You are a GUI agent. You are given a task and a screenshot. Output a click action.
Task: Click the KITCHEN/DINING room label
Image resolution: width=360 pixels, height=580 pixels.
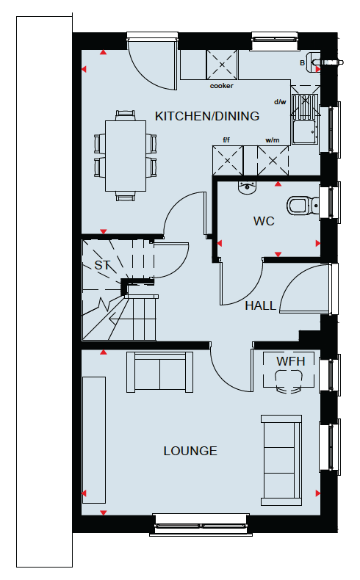point(207,116)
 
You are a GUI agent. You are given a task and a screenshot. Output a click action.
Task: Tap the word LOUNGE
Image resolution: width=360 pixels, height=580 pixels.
point(190,451)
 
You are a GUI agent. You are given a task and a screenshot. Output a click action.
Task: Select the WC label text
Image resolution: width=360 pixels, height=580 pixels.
point(264,221)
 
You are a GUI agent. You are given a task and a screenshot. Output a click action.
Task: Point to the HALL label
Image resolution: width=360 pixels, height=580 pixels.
point(261,306)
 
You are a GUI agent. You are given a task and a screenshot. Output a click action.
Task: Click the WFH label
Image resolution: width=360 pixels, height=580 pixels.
point(290,361)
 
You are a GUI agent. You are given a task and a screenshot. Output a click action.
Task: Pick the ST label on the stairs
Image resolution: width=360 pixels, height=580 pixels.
point(102,265)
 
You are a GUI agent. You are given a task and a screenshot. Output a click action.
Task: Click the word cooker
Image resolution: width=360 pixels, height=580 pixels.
point(222,86)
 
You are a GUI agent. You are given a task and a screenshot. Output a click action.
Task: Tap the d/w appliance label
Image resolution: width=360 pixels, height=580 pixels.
point(280,102)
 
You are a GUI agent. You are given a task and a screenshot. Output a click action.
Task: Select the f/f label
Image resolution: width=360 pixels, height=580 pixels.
point(226,139)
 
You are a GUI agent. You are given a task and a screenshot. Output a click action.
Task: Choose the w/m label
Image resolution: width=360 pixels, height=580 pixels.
point(273,140)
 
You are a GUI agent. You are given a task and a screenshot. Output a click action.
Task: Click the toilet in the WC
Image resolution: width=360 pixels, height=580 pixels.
point(303,206)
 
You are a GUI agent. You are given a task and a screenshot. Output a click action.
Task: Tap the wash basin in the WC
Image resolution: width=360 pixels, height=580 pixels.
point(247,188)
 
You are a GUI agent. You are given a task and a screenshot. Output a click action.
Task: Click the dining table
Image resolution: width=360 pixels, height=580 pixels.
point(126,156)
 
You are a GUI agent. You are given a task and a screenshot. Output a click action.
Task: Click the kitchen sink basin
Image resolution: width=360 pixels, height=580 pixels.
point(304,132)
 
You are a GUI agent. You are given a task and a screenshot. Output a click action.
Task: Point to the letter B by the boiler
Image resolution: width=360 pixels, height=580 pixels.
point(302,63)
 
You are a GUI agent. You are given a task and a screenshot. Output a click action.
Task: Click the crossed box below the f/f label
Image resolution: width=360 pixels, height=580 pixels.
point(228,161)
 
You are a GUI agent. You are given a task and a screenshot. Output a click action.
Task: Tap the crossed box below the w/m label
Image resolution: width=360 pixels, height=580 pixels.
point(273,161)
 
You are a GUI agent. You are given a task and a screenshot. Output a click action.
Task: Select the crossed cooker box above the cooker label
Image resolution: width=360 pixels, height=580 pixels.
point(222,65)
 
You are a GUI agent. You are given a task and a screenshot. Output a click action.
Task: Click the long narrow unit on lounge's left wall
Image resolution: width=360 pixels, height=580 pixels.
point(94,441)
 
